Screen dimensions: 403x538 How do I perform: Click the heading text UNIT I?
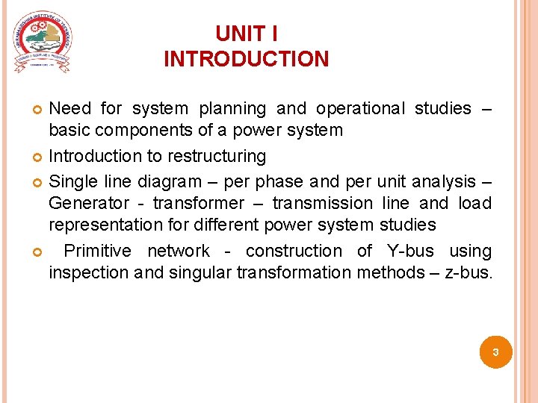click(x=246, y=34)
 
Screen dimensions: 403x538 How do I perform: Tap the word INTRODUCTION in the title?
click(x=246, y=59)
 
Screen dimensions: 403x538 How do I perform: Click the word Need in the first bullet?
click(x=70, y=109)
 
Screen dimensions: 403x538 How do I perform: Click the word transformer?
click(x=197, y=203)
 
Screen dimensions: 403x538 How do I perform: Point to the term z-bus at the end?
click(x=469, y=272)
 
